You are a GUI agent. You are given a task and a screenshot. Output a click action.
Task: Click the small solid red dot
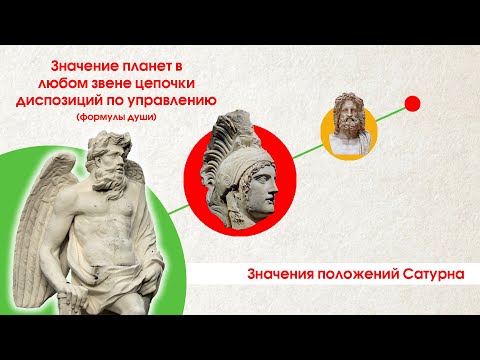tap(410, 104)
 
